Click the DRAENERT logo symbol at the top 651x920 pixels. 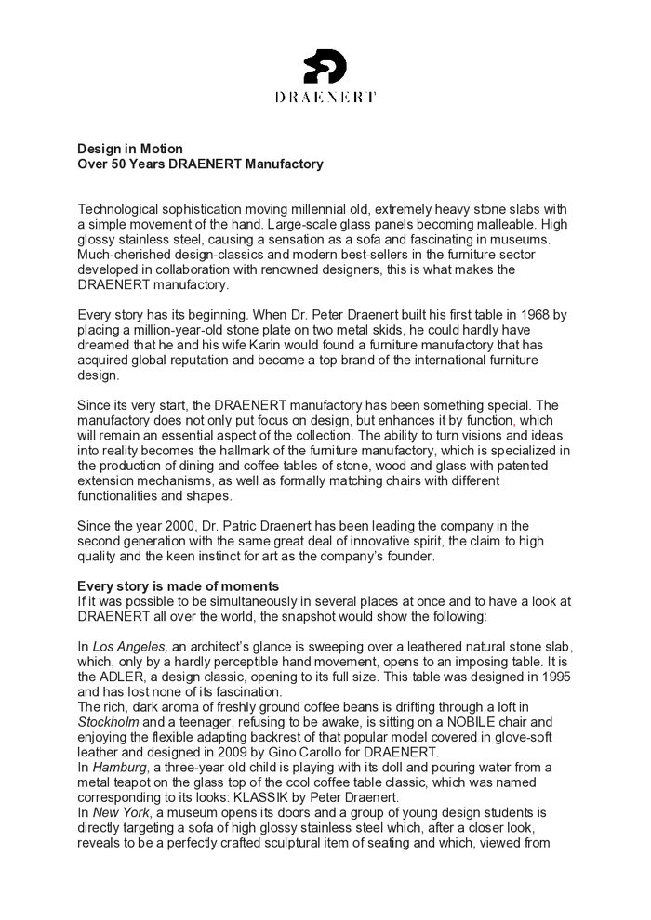point(325,67)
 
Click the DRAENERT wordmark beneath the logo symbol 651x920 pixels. point(325,97)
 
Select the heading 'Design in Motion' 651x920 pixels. point(129,149)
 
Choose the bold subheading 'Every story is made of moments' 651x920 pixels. point(178,586)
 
